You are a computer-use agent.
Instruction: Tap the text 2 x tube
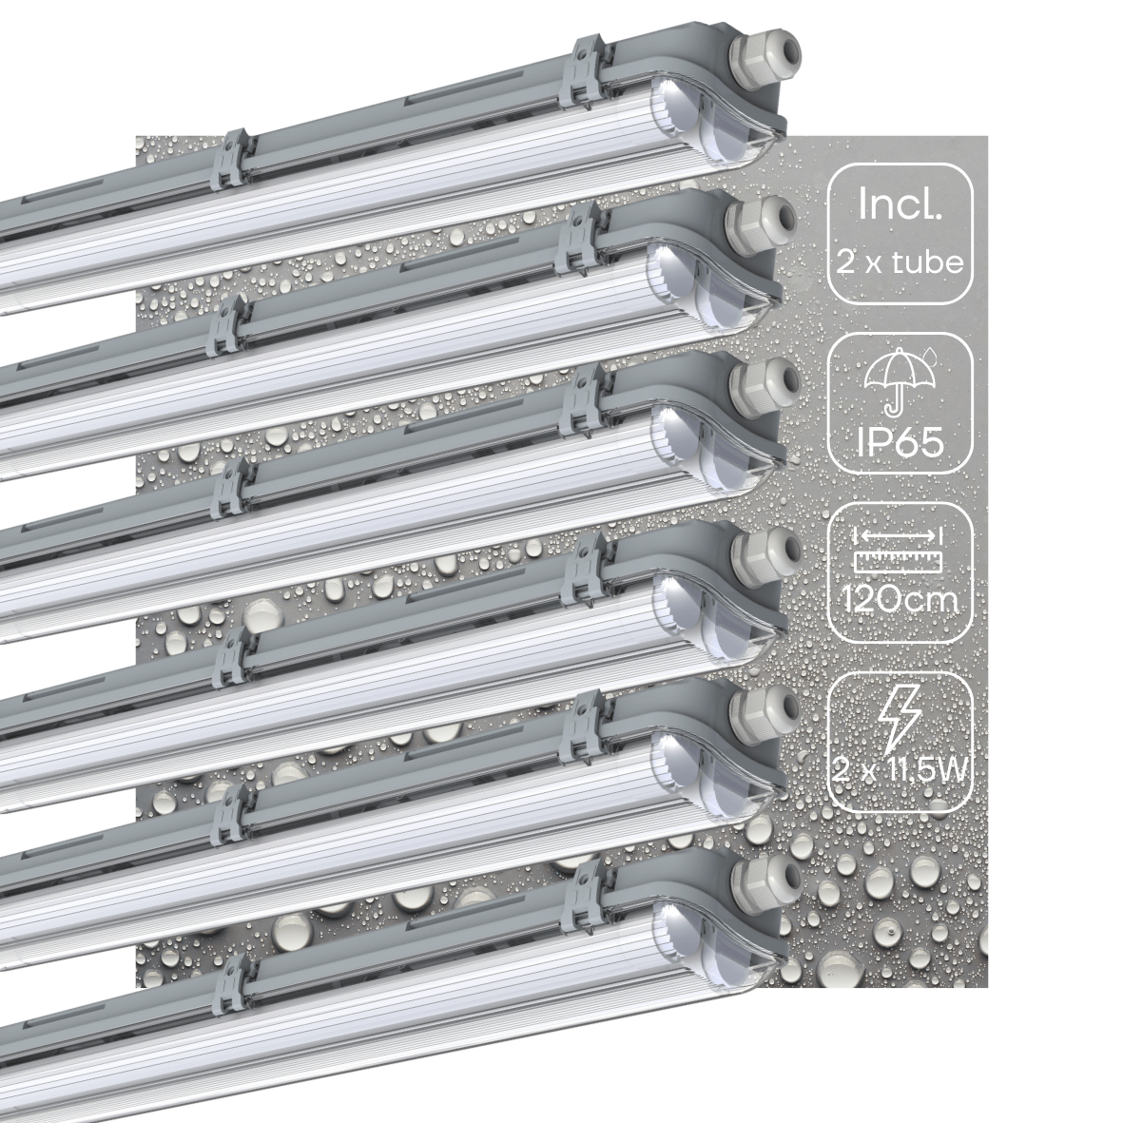(x=900, y=262)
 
